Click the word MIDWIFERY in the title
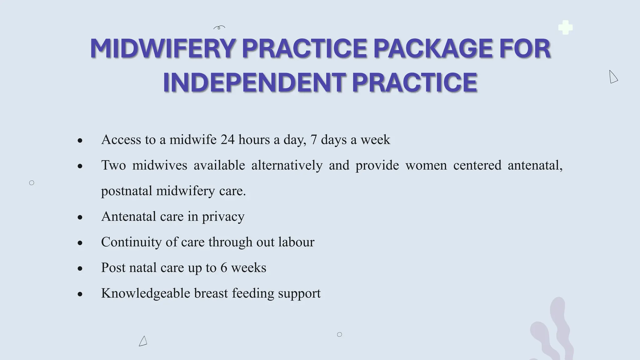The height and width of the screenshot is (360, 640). click(162, 48)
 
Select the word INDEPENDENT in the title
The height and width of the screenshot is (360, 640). click(254, 82)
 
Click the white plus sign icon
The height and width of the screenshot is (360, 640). click(565, 27)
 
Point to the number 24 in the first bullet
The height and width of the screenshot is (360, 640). click(227, 140)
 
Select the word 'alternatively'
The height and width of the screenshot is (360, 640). click(287, 165)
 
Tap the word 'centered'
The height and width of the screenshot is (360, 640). click(477, 165)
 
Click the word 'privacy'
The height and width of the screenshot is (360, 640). click(223, 217)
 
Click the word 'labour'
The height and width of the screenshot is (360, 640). click(296, 242)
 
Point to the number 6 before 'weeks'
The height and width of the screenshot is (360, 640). click(224, 268)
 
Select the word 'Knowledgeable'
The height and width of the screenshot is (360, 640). click(146, 293)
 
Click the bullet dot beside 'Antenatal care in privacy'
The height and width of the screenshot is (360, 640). click(80, 217)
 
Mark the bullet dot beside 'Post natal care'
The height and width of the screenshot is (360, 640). click(80, 268)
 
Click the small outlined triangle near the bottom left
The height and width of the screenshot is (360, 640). click(143, 341)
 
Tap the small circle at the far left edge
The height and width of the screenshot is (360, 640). click(32, 183)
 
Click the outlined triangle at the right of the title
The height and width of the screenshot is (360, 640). click(613, 77)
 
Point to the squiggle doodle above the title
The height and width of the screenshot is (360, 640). click(219, 28)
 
